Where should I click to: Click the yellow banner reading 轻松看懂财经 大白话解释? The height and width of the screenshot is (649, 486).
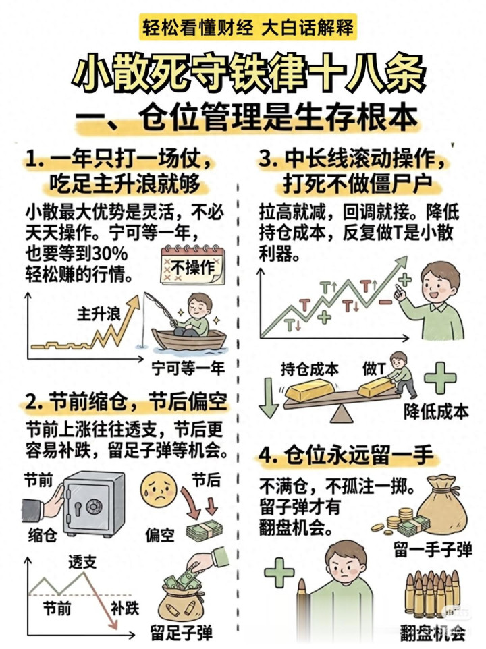coord(248,28)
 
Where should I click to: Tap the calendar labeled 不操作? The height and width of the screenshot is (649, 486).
coord(192,265)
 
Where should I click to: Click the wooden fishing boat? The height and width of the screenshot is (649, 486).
coord(189,339)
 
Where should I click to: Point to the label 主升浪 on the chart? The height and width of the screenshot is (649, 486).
coord(98,314)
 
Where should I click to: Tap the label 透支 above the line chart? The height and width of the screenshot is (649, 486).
coord(82,562)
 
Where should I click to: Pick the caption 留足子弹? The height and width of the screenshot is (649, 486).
coord(182,633)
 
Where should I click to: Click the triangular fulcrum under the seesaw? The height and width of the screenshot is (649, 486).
coord(342,414)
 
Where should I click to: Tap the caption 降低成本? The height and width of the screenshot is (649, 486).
coord(436,412)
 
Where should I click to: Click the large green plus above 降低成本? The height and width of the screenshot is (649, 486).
coord(440,378)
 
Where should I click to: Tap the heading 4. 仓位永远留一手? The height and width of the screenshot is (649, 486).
coord(346,455)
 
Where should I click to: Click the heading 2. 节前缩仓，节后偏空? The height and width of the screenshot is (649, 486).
coord(126,401)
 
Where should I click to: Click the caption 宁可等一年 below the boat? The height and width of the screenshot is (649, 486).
coord(188,368)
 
